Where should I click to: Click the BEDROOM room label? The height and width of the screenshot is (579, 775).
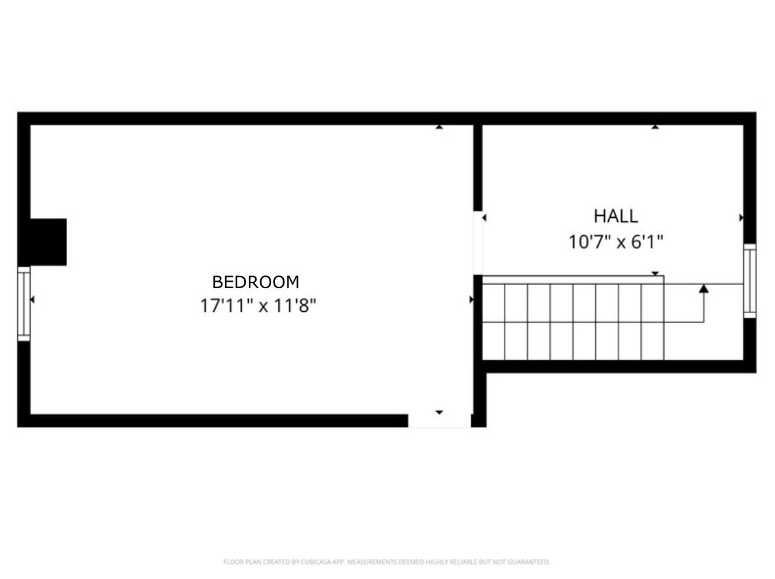click(255, 282)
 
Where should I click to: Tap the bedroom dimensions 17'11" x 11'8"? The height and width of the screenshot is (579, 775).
click(258, 305)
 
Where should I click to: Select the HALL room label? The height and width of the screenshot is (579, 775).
click(615, 216)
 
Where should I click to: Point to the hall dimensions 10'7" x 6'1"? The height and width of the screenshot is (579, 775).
click(615, 242)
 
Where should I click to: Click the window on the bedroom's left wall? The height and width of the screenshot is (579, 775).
click(24, 304)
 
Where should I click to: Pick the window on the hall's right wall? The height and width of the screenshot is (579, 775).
click(749, 281)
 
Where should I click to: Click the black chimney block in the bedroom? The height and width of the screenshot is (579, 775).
click(49, 242)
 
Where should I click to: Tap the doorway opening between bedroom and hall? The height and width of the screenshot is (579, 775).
click(478, 243)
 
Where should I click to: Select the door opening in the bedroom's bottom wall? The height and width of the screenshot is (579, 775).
click(439, 421)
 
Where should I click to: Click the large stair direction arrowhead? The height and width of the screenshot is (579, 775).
click(703, 289)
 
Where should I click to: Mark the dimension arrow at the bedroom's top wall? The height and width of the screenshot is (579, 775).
click(439, 127)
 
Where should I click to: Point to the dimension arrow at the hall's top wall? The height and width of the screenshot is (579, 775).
click(655, 127)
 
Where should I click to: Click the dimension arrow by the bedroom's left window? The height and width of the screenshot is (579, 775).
click(33, 300)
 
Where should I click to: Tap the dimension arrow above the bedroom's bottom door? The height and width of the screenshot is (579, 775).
click(439, 412)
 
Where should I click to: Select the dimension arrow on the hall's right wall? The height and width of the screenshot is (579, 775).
click(741, 218)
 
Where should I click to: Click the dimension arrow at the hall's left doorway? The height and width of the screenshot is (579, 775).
click(485, 218)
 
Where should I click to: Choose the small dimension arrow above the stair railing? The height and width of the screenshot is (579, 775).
click(655, 274)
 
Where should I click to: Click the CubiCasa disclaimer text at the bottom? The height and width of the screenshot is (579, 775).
click(387, 562)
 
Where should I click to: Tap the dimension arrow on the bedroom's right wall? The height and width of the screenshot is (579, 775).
click(471, 300)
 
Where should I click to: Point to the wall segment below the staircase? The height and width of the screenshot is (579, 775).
click(619, 366)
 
